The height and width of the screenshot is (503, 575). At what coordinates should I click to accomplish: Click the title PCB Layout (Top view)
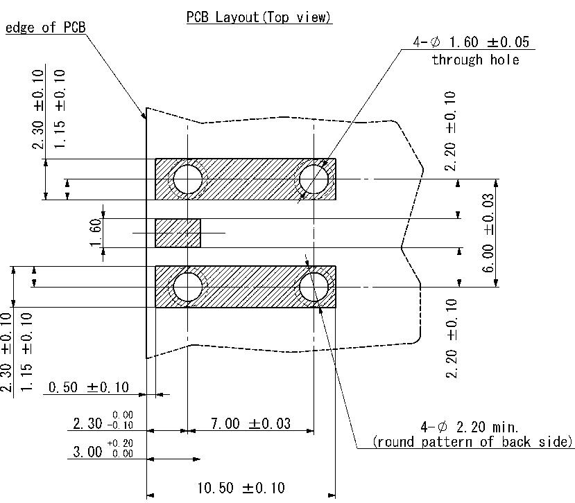point(259,17)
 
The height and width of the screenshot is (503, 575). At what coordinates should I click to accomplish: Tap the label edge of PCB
point(46,28)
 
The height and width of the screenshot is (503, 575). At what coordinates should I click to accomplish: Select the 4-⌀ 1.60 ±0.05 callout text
point(471,42)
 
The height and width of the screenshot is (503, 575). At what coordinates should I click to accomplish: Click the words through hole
point(475,60)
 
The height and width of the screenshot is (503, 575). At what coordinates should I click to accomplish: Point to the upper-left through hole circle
point(188,179)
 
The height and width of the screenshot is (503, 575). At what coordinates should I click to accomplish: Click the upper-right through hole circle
point(314,179)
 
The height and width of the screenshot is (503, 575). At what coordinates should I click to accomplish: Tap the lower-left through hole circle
point(188,287)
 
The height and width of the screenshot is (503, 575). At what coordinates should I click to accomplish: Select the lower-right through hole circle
point(314,287)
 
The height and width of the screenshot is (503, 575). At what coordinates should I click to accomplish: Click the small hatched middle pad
point(178,233)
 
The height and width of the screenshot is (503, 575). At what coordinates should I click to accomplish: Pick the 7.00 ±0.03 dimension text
point(251,423)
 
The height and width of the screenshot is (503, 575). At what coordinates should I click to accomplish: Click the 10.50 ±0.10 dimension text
point(241,488)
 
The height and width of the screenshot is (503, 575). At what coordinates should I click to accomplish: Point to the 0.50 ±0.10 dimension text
point(89,387)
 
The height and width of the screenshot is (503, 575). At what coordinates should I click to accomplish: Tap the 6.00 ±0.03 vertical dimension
point(488,233)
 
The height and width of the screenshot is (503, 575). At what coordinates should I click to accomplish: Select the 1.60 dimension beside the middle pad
point(95,233)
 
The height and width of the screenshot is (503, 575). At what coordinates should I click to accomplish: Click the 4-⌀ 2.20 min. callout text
point(469,427)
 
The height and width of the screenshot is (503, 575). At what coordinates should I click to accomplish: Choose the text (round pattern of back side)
point(472,442)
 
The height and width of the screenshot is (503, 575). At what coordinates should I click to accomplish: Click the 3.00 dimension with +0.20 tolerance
point(103,449)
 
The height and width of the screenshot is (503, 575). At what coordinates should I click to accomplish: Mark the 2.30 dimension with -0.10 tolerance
point(103,420)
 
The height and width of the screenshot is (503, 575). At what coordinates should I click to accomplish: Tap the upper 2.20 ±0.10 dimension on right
point(450,131)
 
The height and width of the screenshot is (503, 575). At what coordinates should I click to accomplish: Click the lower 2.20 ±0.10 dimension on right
point(452,339)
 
